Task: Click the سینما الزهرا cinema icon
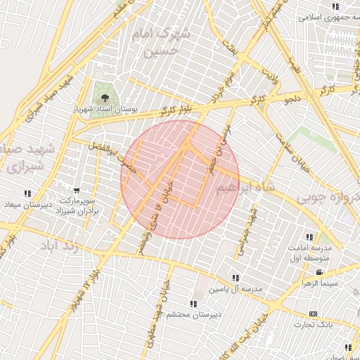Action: tap(319, 272)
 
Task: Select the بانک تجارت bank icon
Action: tap(313, 314)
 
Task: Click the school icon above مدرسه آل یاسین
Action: tap(235, 278)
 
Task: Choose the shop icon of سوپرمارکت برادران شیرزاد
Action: tap(76, 191)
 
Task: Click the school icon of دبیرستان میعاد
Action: tap(27, 193)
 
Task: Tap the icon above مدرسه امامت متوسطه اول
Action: tap(309, 237)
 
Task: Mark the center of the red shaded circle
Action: tap(180, 180)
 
